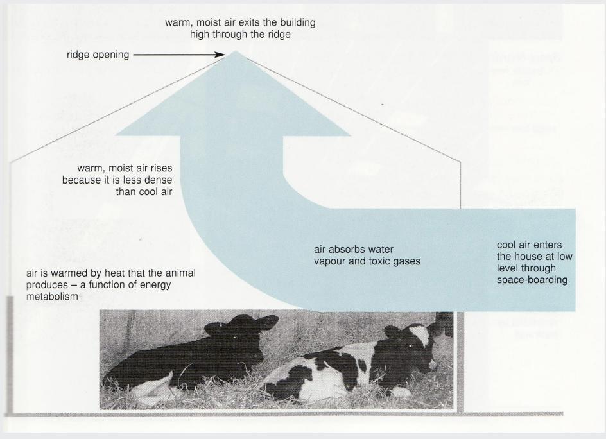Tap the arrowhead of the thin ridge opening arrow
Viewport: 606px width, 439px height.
click(x=225, y=56)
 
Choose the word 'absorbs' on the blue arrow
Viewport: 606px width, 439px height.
click(x=347, y=249)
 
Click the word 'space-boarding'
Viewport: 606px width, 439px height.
click(x=532, y=280)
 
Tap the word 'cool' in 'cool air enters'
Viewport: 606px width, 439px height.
click(x=507, y=245)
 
